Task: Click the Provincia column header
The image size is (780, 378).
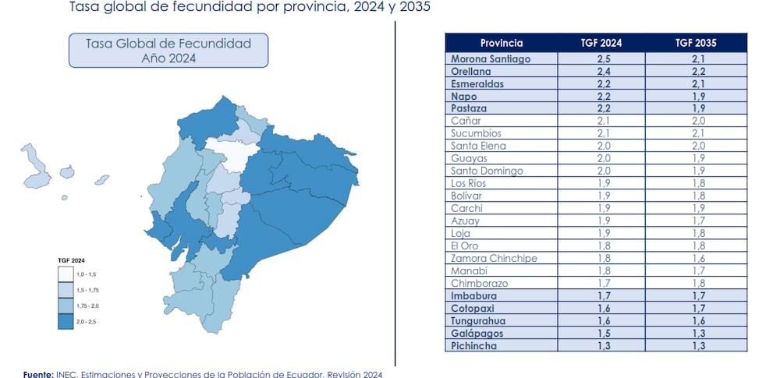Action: point(501,43)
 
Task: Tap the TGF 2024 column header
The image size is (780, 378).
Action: point(601,43)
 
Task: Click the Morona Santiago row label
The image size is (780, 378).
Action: point(490,58)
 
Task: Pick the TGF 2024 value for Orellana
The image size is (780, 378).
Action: point(601,71)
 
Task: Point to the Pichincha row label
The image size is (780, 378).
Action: point(474,345)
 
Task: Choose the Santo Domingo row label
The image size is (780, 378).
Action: point(487,171)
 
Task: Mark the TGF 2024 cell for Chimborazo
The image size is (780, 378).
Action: point(601,283)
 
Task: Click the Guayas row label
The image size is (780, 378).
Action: point(470,158)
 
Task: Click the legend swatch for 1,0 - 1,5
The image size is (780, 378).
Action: point(66,274)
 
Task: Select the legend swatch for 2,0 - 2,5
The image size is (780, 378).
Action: point(66,320)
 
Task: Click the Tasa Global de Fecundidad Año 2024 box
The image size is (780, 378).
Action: point(168,50)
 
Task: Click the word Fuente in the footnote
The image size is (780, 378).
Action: point(37,374)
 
